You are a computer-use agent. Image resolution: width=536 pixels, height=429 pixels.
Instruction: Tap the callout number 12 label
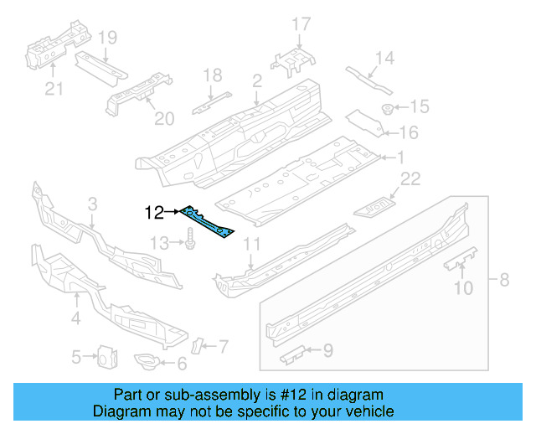coord(155,213)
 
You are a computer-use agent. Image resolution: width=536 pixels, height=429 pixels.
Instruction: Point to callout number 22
coord(410,177)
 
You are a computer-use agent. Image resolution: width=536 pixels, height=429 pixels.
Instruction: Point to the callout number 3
coord(92,204)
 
